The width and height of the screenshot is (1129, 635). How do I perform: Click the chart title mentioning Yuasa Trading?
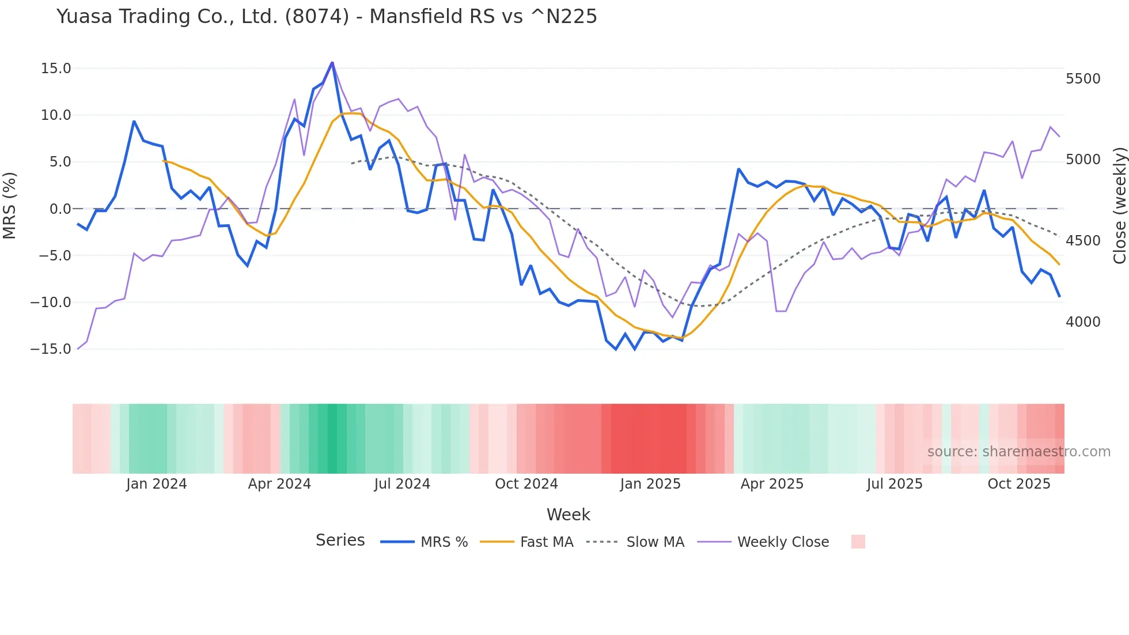click(327, 17)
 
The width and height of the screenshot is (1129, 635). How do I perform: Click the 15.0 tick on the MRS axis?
click(56, 69)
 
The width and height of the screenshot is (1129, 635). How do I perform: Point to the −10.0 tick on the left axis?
click(51, 303)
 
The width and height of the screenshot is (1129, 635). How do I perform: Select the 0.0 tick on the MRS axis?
click(60, 209)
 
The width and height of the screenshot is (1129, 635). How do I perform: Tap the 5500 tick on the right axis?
click(1083, 79)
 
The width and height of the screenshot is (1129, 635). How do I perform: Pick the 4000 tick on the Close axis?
click(1083, 322)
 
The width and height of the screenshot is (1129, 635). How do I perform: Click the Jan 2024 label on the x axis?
click(156, 484)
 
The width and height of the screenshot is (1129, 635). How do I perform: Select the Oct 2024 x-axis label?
click(526, 484)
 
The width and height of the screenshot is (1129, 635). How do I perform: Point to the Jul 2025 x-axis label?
click(895, 484)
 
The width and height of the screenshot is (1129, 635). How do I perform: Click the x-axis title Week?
click(568, 515)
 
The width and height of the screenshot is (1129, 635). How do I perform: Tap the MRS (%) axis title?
click(10, 205)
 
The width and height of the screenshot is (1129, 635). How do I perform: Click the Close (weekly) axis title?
click(1119, 205)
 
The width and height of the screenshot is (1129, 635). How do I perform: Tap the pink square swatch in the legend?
click(858, 542)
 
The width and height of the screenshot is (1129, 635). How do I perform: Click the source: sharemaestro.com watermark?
click(1018, 452)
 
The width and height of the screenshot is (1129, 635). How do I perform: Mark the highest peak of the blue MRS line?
click(332, 62)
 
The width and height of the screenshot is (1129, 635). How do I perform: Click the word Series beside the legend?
click(340, 540)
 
